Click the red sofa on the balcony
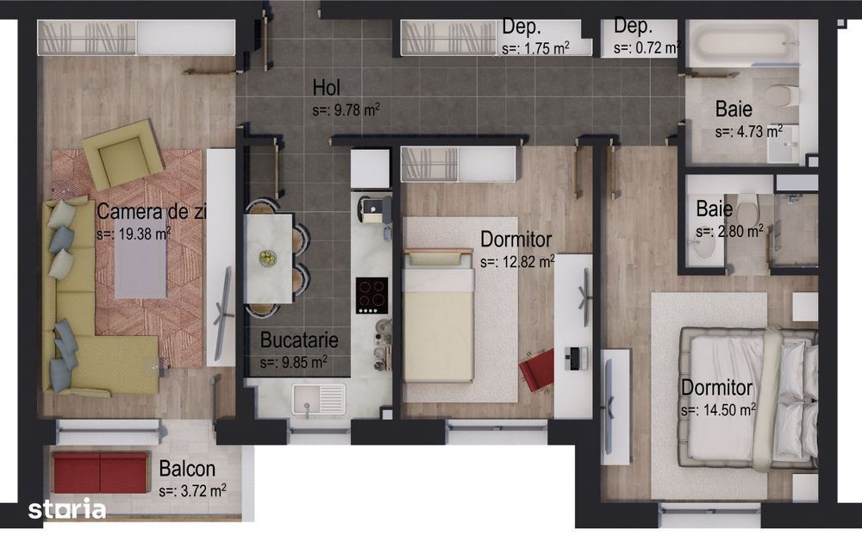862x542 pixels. pos(100,472)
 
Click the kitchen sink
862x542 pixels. pos(318,398)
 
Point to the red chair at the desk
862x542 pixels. pos(537,369)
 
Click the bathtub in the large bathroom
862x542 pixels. pos(744,43)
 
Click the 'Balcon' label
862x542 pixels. pos(187,470)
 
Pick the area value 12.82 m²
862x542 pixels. pos(517,261)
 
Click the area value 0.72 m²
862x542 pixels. pos(646,48)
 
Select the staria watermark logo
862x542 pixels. pos(67,509)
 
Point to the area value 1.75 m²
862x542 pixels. pos(535,48)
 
